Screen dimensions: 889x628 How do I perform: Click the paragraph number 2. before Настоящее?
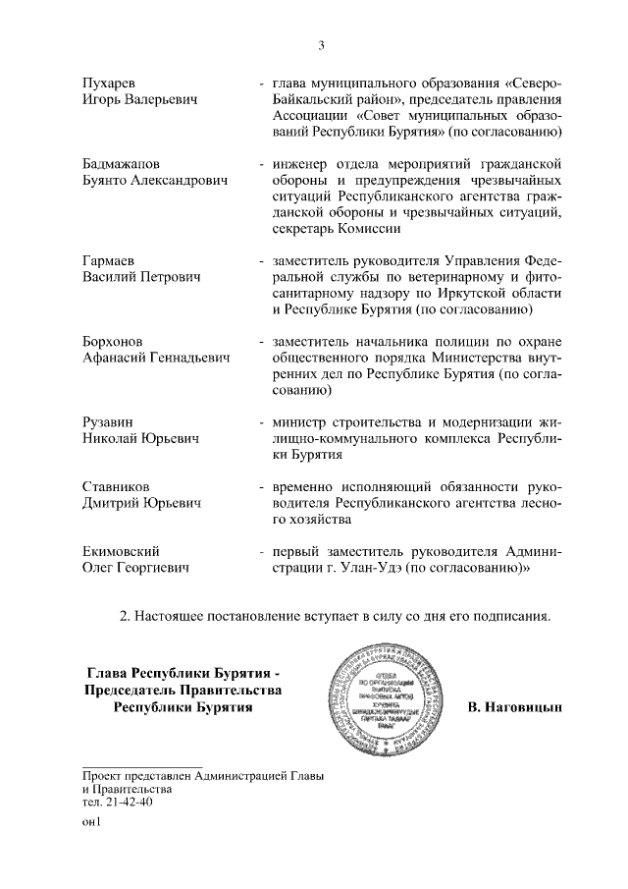[x=125, y=616]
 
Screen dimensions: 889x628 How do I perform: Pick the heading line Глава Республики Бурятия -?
[x=184, y=673]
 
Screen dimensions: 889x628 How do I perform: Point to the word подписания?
[x=516, y=616]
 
